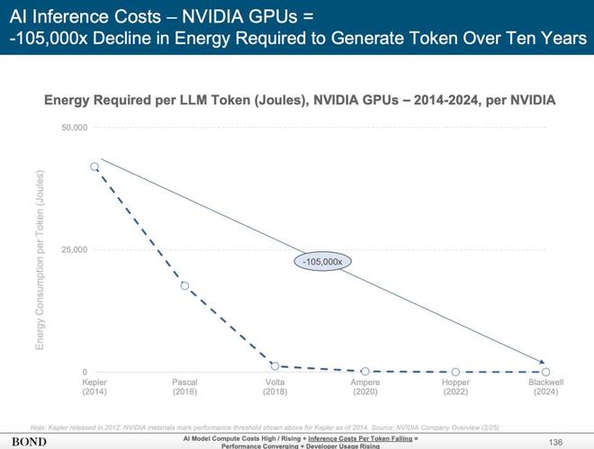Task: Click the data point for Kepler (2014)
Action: coord(94,166)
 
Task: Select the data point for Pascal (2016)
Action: coord(184,286)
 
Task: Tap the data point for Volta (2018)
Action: coord(274,366)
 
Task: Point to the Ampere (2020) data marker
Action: coord(365,371)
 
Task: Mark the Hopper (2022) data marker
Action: coord(455,372)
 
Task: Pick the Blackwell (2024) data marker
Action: coord(546,372)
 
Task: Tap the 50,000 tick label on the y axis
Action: coord(74,127)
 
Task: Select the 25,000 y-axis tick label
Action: coord(74,249)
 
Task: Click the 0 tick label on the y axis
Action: coord(84,372)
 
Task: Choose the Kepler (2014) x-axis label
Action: coord(94,388)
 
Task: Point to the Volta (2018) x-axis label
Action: coord(274,388)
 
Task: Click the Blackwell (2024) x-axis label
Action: coord(546,388)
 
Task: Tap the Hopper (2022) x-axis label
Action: coord(455,388)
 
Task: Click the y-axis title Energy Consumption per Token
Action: coord(40,249)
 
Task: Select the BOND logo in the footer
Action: coord(29,442)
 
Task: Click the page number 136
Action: coord(555,441)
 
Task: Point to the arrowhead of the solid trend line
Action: coord(543,361)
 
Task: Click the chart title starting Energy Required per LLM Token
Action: coord(300,101)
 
